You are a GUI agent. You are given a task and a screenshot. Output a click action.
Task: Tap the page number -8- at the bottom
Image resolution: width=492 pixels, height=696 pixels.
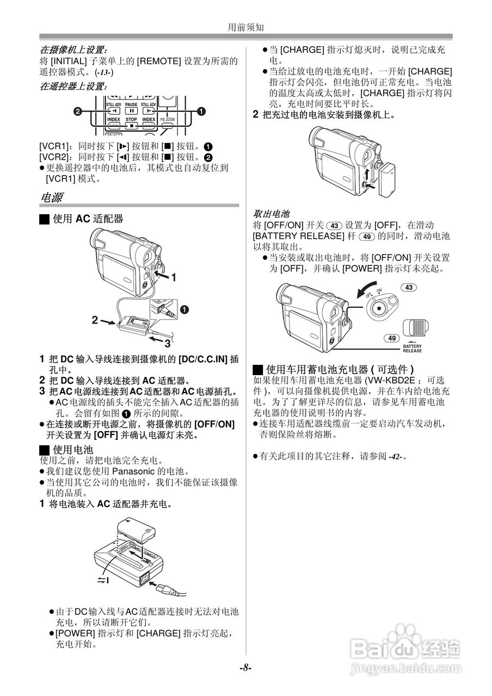coord(245,668)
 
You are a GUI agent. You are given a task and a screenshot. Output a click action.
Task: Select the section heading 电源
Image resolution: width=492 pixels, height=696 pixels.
coord(51,197)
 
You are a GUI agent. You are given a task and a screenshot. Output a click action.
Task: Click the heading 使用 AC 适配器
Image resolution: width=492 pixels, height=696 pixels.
coord(87,219)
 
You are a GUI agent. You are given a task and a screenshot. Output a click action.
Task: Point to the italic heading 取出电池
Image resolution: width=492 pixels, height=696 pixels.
coord(271,214)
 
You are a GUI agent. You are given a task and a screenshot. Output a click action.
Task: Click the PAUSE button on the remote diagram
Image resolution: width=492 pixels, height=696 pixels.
coord(131,108)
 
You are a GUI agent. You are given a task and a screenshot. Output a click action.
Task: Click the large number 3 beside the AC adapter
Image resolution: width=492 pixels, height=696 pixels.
coord(167,344)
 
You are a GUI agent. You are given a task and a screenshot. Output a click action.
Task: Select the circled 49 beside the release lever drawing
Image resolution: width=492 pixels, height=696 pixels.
coord(391,338)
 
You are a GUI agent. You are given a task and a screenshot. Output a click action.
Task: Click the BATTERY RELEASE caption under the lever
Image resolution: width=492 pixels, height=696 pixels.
coord(412,348)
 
